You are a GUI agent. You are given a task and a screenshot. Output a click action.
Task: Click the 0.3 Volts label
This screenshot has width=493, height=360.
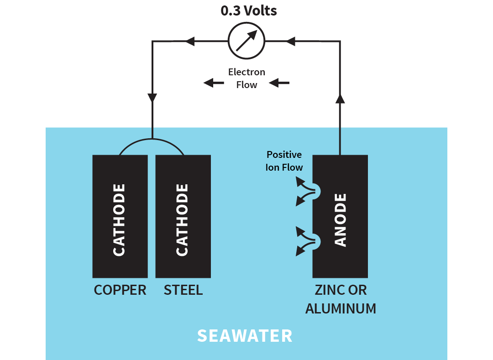click(x=249, y=10)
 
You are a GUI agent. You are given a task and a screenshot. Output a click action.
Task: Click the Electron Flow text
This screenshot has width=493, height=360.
click(x=246, y=78)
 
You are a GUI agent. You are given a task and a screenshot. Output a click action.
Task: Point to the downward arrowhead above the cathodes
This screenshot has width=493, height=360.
click(x=152, y=98)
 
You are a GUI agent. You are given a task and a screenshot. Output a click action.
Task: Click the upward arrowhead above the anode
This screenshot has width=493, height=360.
click(x=340, y=99)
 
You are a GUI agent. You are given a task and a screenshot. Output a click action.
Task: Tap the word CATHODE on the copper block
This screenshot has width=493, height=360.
click(x=119, y=220)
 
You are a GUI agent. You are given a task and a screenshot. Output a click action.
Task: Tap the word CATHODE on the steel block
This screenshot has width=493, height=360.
click(x=182, y=220)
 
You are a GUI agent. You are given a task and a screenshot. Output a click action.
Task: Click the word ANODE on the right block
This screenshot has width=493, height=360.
click(x=341, y=220)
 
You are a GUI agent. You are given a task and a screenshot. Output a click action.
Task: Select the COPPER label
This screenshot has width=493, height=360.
click(x=120, y=290)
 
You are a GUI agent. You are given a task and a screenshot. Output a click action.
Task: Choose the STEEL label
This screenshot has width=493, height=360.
click(x=183, y=290)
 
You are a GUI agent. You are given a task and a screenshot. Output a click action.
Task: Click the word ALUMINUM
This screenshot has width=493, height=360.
click(x=341, y=308)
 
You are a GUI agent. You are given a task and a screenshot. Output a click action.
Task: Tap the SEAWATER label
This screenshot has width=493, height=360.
click(x=245, y=336)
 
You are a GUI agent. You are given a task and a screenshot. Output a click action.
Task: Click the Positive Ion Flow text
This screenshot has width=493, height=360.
click(x=284, y=161)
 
